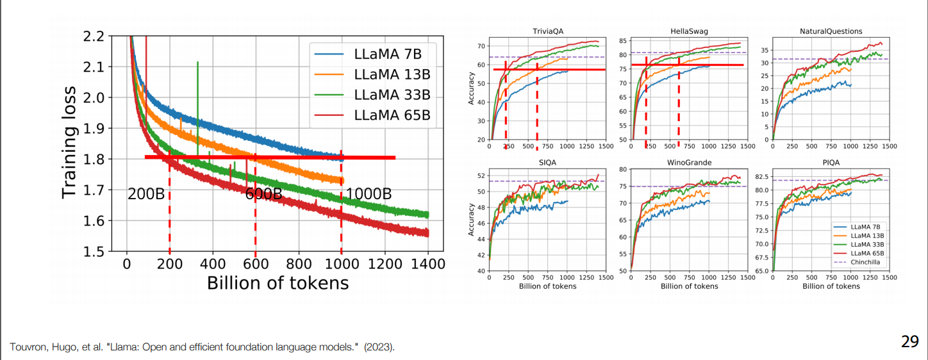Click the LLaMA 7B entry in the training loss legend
coord(387,53)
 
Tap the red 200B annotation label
coord(146,194)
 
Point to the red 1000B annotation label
coord(369,194)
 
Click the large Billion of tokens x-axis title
coord(278,282)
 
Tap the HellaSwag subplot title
coord(689,31)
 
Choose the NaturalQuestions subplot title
coord(831,31)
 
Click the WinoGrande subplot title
coord(689,163)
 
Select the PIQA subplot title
coord(831,163)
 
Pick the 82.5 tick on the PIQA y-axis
coord(760,177)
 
